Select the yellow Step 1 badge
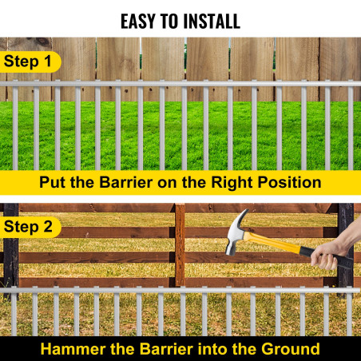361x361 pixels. [30, 61]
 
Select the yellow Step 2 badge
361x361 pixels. [30, 227]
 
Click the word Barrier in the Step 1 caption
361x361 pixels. [126, 183]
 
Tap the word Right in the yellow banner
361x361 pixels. [232, 183]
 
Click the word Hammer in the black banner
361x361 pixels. [73, 349]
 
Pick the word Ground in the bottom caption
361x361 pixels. [291, 349]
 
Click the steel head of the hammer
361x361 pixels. [236, 232]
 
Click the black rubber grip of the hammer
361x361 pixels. [326, 257]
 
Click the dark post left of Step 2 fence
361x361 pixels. [11, 248]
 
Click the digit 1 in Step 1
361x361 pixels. [48, 61]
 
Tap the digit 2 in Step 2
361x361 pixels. [48, 227]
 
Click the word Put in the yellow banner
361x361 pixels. [53, 183]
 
